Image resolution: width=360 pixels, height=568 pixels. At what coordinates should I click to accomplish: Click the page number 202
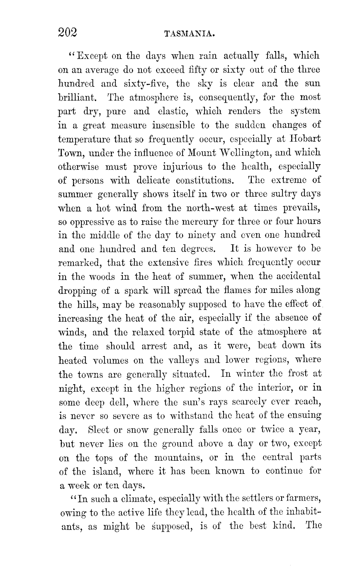[68, 33]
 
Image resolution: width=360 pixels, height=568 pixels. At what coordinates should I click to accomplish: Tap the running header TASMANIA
[190, 34]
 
